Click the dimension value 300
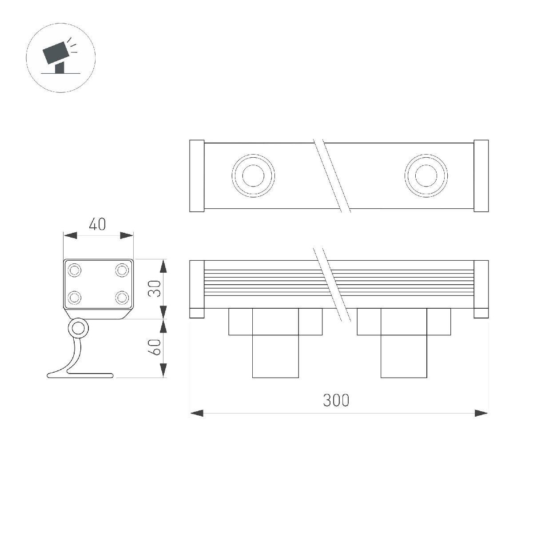click(336, 400)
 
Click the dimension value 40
click(98, 224)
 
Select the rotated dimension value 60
click(154, 347)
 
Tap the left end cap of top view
click(197, 176)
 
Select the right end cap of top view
click(481, 176)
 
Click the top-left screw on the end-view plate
click(74, 270)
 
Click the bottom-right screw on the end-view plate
click(122, 297)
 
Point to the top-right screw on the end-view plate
click(122, 270)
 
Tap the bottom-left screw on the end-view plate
click(74, 297)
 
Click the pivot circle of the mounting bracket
click(78, 329)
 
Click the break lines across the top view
click(332, 176)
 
